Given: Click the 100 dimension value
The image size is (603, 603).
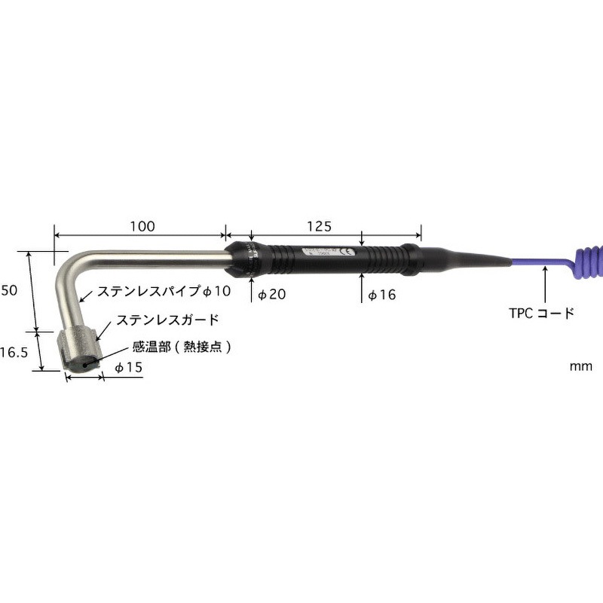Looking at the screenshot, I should [142, 226].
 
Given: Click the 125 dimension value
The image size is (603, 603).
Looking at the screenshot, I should [320, 226].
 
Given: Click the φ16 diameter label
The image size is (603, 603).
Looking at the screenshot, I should [381, 295].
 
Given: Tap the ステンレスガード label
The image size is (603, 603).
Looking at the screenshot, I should [167, 320].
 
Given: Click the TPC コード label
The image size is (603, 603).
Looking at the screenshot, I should [542, 313].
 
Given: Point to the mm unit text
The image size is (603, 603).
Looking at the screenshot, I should [580, 366].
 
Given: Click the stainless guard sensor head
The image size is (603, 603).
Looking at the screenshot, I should [78, 350].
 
